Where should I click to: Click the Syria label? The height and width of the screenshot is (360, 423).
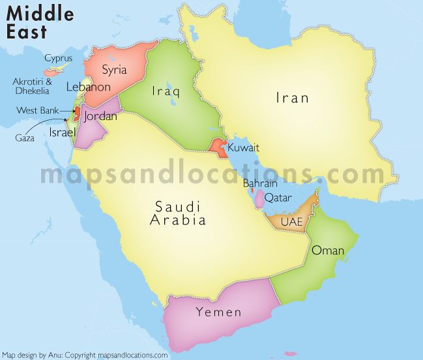click(x=114, y=70)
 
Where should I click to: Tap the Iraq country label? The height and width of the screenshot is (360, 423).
click(x=166, y=92)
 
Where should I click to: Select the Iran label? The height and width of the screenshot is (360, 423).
click(x=292, y=98)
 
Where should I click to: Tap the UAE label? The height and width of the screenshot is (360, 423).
click(x=291, y=222)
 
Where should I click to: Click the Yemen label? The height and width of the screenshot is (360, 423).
click(x=218, y=312)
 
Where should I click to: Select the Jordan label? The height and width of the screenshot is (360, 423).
click(x=100, y=117)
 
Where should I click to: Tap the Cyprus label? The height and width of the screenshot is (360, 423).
click(x=58, y=58)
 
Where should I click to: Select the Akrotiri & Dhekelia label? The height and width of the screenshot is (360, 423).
click(x=31, y=86)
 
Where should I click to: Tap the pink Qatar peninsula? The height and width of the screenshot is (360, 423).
click(x=259, y=199)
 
